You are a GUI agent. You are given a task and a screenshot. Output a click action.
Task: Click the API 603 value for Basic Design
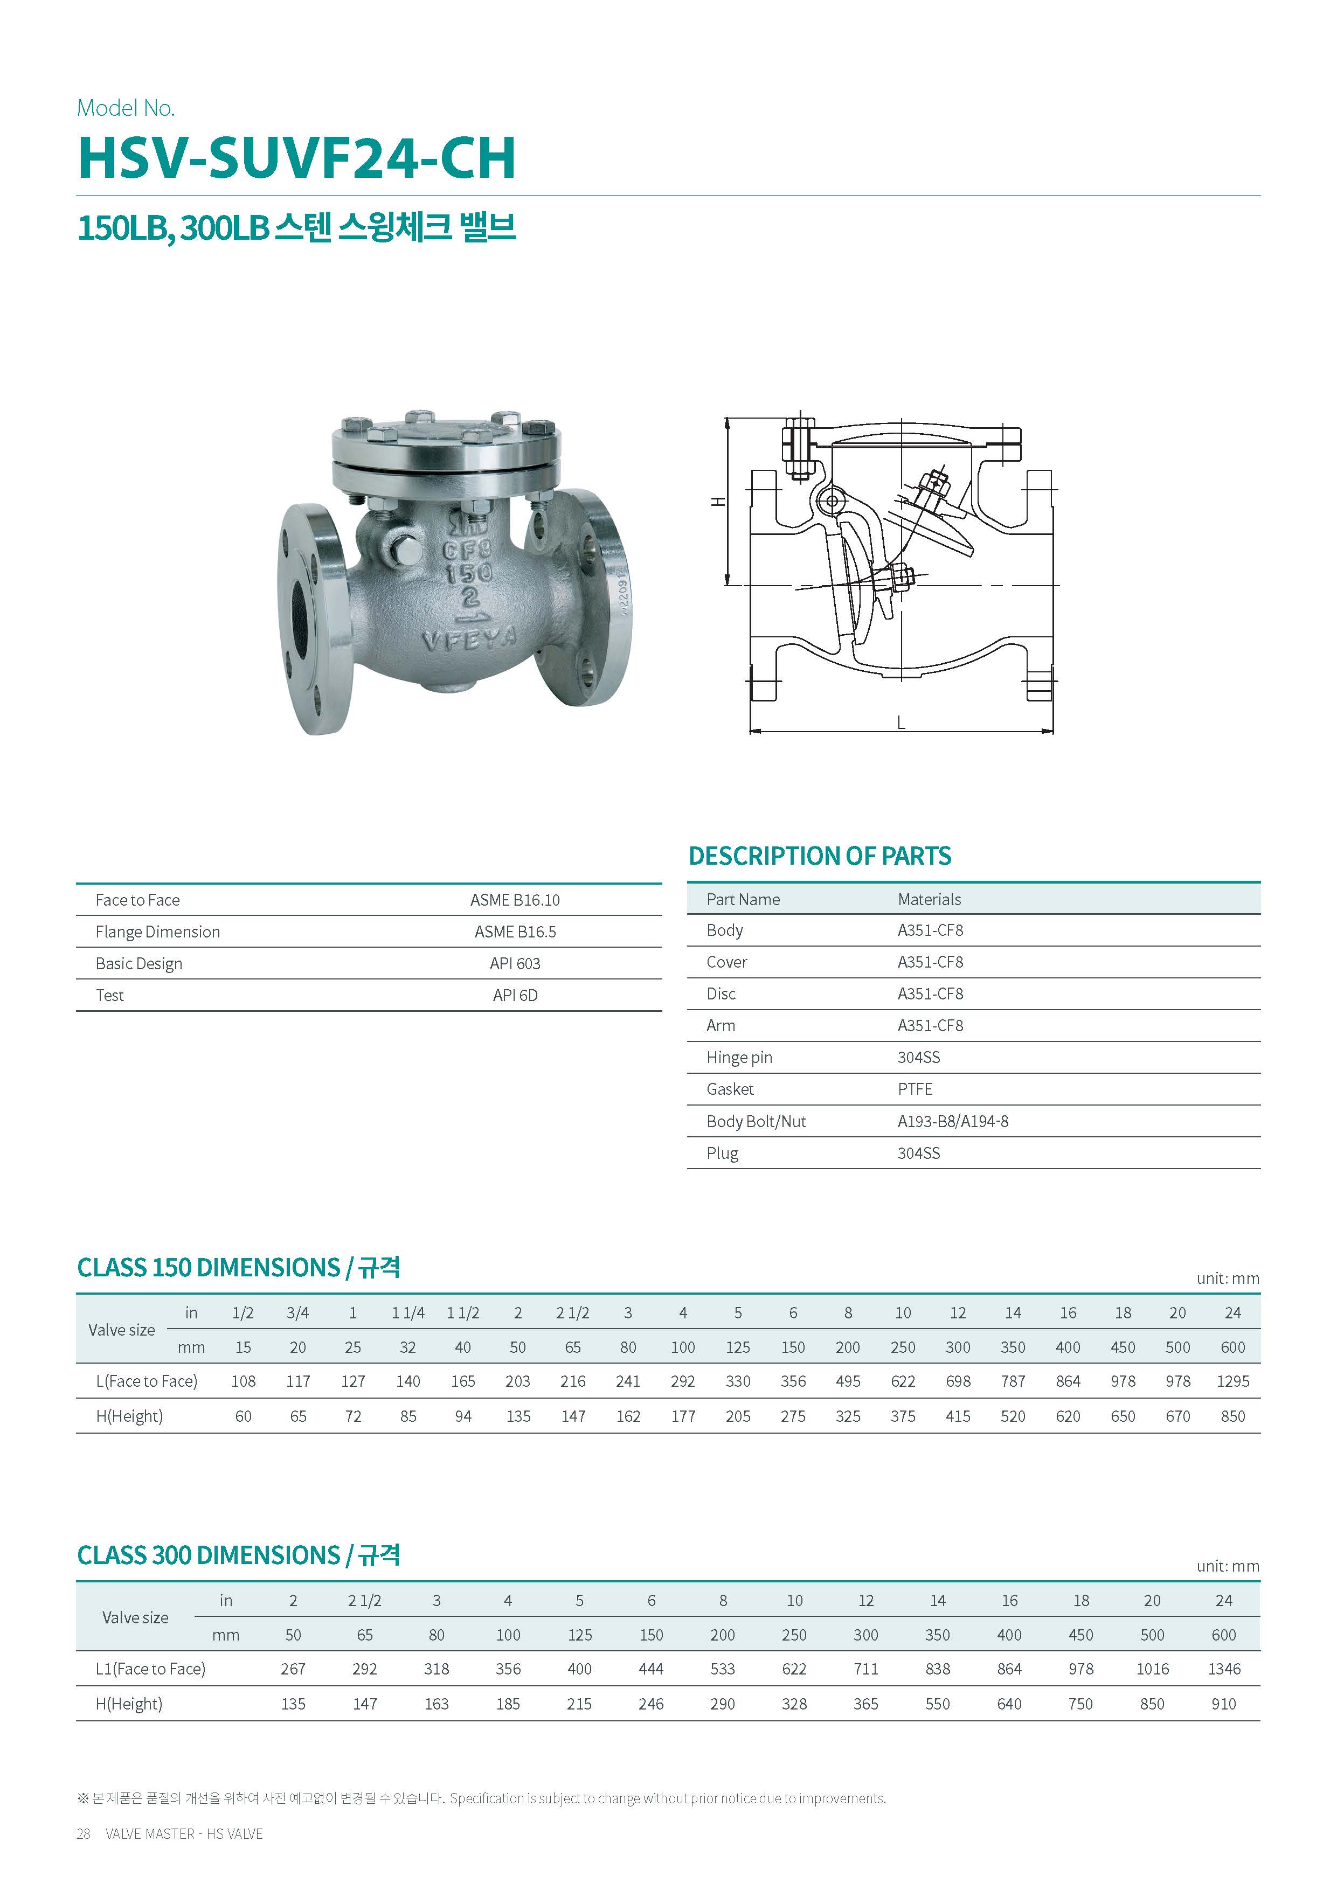coord(515,963)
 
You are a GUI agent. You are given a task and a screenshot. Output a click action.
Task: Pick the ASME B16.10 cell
coord(515,900)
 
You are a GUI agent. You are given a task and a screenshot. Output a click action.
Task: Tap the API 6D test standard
coord(515,995)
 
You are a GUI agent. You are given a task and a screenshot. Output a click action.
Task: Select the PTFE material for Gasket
coord(915,1089)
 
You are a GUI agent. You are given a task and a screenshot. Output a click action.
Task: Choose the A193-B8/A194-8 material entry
coord(953,1121)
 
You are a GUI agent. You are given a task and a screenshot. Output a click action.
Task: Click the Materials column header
coord(929,899)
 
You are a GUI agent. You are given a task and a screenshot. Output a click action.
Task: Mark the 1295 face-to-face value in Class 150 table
coord(1232,1381)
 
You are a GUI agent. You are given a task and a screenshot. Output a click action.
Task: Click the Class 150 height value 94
coord(463,1416)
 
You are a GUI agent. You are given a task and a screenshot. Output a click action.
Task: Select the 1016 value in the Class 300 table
coord(1152,1669)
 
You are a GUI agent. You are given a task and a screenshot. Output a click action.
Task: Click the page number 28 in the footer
coord(83,1833)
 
